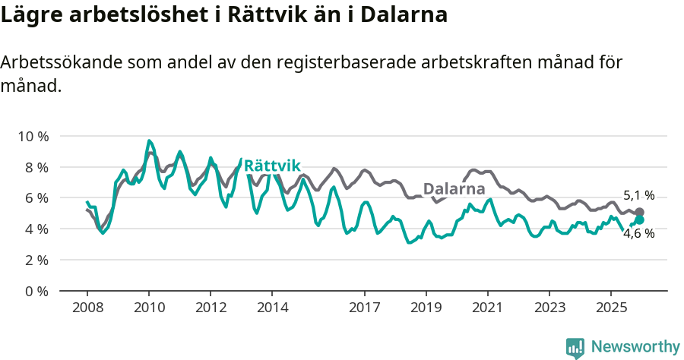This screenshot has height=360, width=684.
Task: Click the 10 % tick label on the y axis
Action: (x=33, y=136)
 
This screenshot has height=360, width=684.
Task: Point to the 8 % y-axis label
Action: (x=36, y=167)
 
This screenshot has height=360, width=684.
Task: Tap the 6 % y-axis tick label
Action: (x=36, y=197)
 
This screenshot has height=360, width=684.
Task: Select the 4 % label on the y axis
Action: (x=36, y=229)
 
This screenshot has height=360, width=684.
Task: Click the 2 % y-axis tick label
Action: (x=36, y=260)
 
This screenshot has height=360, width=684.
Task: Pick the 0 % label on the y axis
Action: (x=36, y=291)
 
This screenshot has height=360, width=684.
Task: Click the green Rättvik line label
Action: (x=273, y=166)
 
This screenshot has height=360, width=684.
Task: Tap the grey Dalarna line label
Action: (x=454, y=189)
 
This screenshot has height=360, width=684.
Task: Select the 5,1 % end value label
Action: (x=639, y=195)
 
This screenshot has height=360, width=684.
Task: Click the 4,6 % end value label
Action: (x=639, y=234)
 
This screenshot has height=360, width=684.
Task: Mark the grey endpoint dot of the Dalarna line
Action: (x=640, y=212)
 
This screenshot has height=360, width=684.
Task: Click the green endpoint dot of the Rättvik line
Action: (x=640, y=220)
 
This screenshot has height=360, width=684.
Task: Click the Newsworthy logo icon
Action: (x=575, y=347)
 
